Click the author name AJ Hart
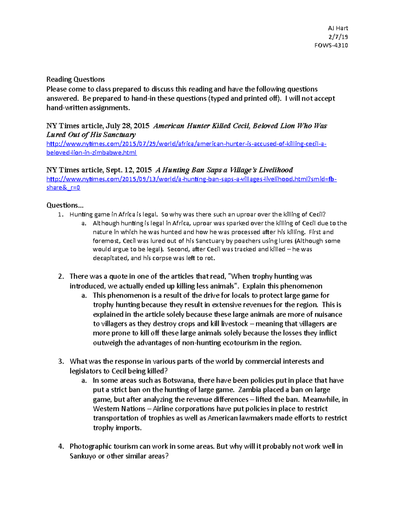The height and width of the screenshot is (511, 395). [x=338, y=28]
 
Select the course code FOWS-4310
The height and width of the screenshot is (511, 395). [x=331, y=45]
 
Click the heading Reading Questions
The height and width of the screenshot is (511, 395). [x=75, y=79]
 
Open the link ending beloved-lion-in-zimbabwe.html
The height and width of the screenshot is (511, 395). [x=92, y=153]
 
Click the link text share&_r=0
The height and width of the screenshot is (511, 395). [x=63, y=188]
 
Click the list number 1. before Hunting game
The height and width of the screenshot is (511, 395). [x=60, y=215]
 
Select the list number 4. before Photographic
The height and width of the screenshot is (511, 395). [x=61, y=447]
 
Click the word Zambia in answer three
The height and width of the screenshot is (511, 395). [x=249, y=390]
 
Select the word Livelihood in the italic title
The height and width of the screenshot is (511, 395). [x=276, y=170]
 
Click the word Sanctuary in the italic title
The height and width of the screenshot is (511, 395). [x=119, y=135]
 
